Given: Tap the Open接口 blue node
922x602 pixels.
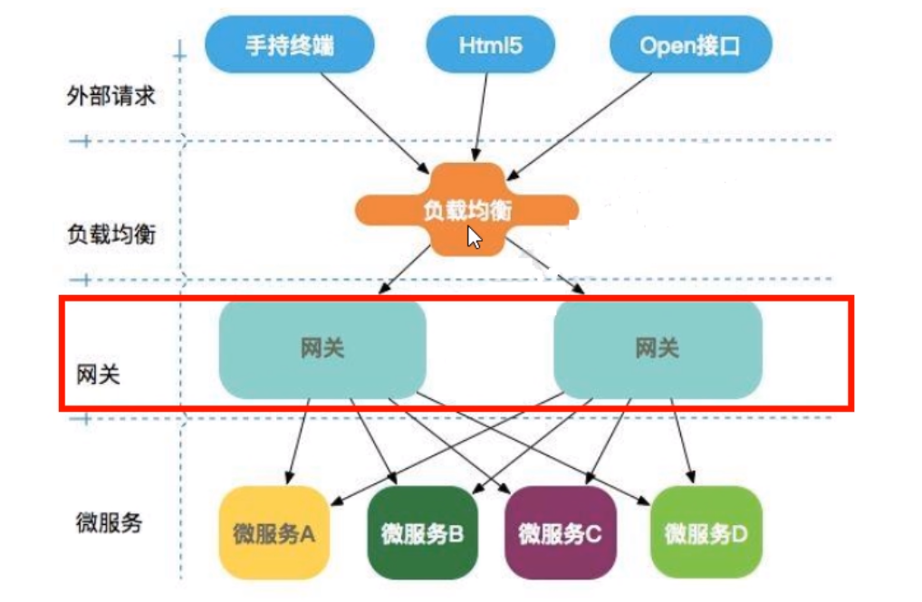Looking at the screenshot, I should pos(690,44).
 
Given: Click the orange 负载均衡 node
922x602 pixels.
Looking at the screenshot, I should pos(467,210).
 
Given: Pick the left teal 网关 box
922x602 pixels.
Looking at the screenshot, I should pos(322,349).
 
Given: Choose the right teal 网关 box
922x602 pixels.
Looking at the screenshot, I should pos(657,349).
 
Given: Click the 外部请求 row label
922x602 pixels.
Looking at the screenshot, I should pos(110,95).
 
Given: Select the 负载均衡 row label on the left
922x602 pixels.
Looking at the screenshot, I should pos(111,234).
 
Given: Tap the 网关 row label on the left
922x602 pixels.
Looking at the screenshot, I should pos(99,374).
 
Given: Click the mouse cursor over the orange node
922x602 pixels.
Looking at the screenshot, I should pos(474,237).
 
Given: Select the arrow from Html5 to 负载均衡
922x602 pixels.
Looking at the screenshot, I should pos(480,118).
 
